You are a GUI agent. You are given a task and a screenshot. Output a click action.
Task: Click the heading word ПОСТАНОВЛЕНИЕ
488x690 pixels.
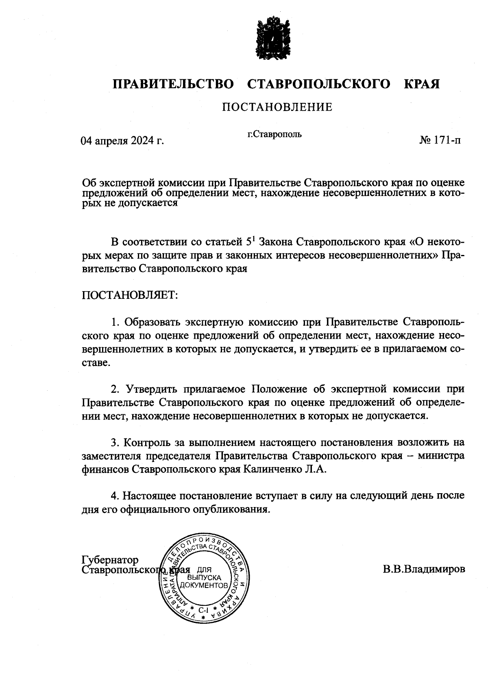click(x=277, y=107)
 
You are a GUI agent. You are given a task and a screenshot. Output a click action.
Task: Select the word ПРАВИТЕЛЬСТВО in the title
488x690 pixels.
click(x=173, y=84)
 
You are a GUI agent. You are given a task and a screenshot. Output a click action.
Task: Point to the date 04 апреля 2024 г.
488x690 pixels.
click(x=122, y=141)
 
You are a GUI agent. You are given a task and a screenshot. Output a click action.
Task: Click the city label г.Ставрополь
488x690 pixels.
click(x=274, y=134)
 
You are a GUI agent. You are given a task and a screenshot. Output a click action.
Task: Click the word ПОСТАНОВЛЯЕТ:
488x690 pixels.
click(x=130, y=295)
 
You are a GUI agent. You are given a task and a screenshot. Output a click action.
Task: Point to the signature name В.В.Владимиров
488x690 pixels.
click(x=423, y=569)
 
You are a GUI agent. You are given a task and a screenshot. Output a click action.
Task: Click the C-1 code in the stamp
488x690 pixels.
click(x=203, y=610)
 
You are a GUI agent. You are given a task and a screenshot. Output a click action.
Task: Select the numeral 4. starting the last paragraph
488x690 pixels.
click(x=115, y=496)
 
